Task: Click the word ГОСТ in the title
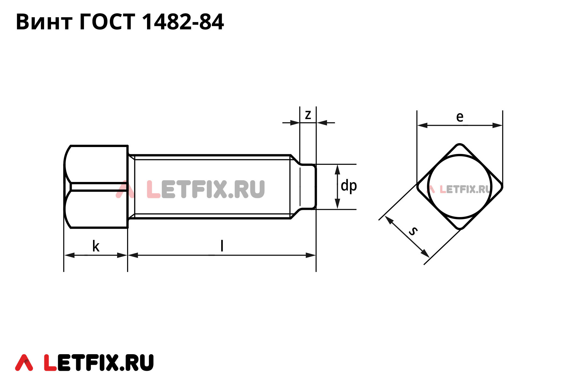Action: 107,22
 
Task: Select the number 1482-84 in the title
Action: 183,22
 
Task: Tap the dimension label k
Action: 96,246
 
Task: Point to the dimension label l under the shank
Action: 222,246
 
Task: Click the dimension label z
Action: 308,115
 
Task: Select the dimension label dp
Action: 349,186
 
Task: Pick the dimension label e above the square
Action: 460,117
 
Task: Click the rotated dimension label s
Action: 413,231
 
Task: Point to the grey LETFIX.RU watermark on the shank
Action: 205,189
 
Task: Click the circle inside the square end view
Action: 460,186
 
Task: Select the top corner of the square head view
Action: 460,145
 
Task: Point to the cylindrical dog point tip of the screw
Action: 308,187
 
